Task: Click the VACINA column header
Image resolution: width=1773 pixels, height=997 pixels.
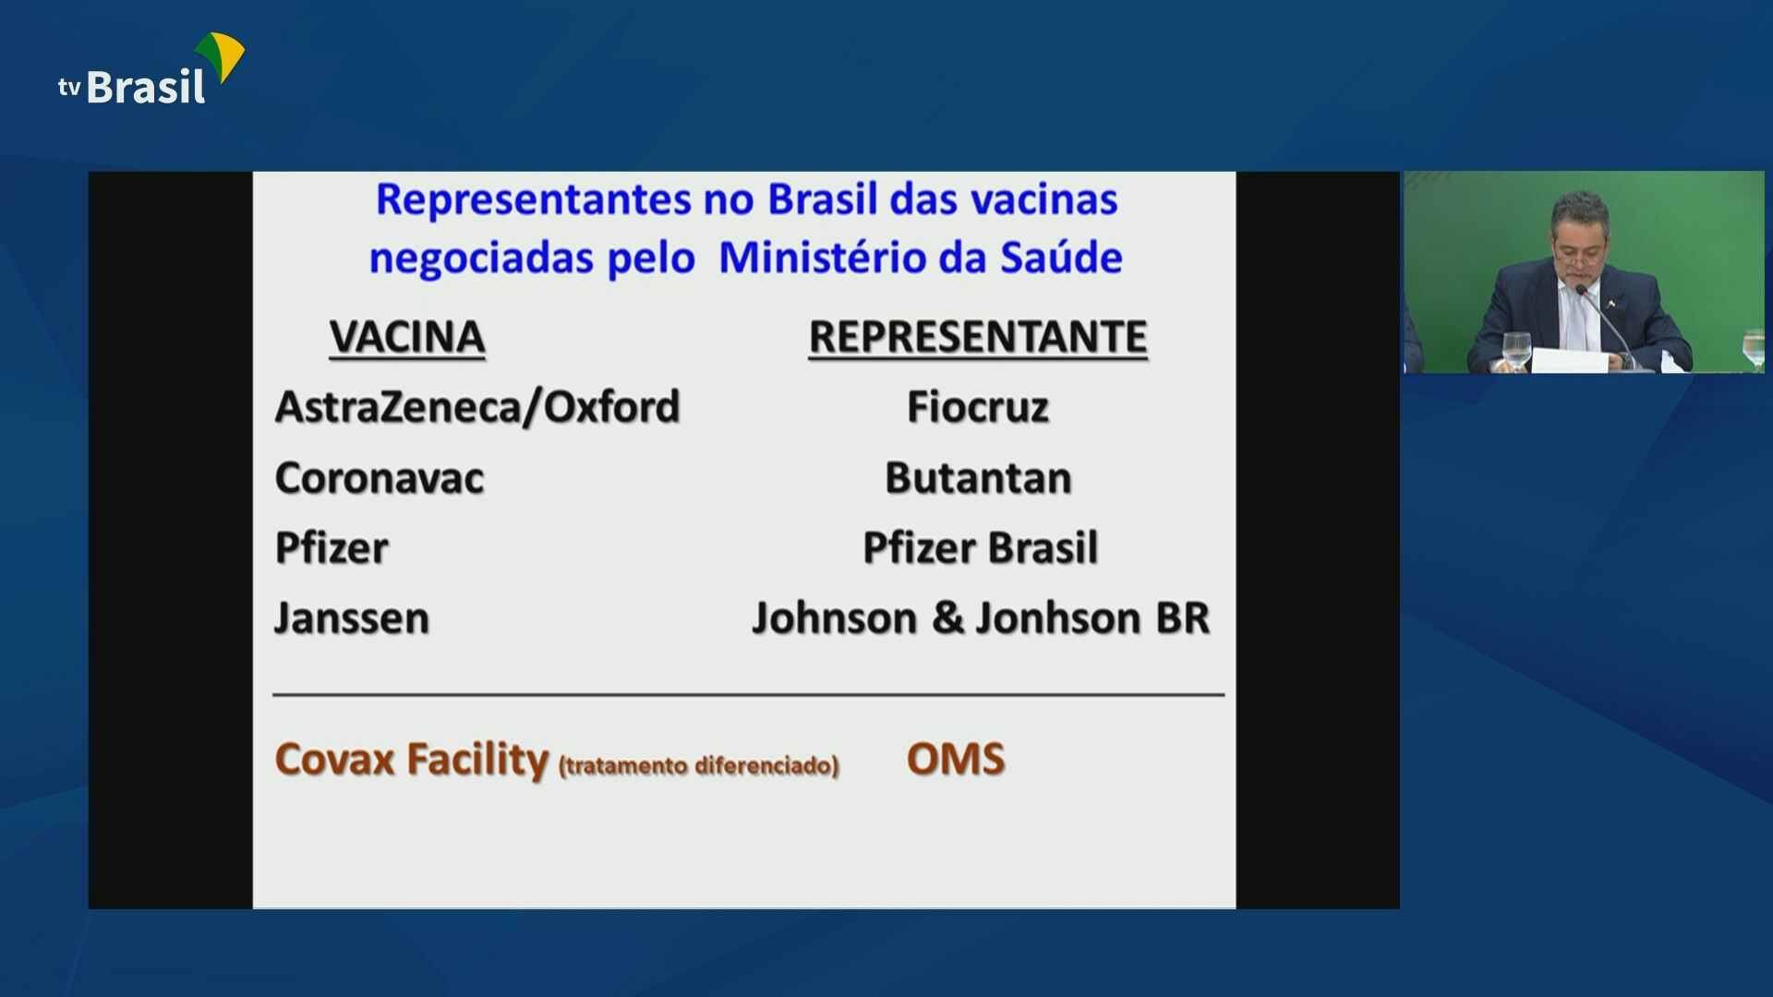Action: pos(407,337)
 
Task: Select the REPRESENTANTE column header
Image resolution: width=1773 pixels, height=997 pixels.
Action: pos(978,337)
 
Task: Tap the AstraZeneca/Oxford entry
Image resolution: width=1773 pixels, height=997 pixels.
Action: pos(477,407)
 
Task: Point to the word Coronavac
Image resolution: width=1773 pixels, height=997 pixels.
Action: pos(380,478)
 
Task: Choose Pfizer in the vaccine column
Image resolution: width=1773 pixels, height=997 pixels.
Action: pos(332,548)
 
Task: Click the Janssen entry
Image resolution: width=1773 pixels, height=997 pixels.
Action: pos(352,619)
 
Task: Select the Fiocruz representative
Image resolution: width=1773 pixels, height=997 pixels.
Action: pos(978,407)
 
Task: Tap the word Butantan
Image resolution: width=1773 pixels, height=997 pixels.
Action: pos(978,478)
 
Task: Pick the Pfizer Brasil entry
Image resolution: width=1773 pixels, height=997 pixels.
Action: pos(980,548)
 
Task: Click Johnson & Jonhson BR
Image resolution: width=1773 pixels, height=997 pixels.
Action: pos(981,619)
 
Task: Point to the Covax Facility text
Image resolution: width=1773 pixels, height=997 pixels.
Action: pos(412,760)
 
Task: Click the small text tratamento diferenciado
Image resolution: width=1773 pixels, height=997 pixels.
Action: pos(699,766)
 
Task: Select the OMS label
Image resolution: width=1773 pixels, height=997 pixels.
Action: pos(955,760)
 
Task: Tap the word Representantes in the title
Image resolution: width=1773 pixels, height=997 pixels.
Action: pos(534,199)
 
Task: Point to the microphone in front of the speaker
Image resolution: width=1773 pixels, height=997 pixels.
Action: pos(1582,292)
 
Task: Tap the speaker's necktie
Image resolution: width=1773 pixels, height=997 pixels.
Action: pos(1575,318)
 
